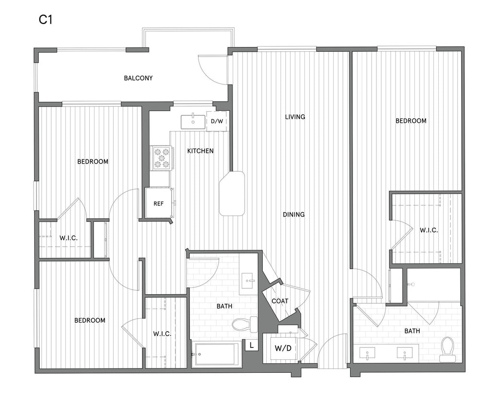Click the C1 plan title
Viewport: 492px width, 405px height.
click(46, 20)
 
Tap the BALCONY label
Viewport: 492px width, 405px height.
click(138, 78)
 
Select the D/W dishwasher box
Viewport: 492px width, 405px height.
click(217, 121)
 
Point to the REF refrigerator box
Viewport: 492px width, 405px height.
click(159, 203)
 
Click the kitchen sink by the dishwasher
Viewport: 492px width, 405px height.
click(193, 122)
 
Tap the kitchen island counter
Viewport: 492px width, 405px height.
click(232, 193)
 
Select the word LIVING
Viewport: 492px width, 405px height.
click(295, 117)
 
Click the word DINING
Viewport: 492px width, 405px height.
click(293, 214)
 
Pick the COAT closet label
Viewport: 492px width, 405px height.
click(280, 301)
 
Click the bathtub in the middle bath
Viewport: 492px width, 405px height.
click(216, 355)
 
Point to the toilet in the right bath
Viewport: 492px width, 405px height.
click(447, 349)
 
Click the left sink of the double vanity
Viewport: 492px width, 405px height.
click(368, 354)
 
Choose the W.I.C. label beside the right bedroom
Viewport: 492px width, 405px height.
click(429, 230)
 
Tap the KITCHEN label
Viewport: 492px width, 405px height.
click(200, 151)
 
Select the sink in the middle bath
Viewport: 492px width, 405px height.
click(248, 279)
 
